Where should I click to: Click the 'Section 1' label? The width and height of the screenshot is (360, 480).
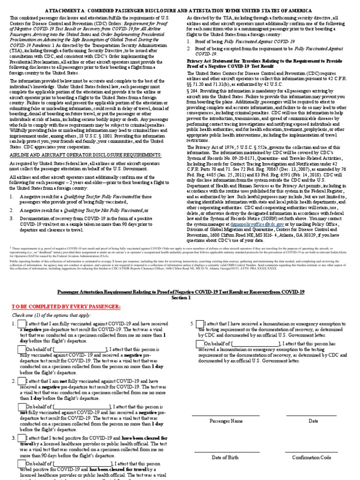pos(181,298)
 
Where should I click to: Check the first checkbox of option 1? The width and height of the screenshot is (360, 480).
pos(22,324)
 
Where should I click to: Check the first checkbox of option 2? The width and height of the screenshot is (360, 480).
pos(22,382)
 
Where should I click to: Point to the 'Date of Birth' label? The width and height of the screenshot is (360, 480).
pos(225,457)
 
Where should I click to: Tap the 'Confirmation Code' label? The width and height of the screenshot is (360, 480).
pos(312,457)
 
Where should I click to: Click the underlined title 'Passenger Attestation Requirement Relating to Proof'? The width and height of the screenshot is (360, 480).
pos(181,292)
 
